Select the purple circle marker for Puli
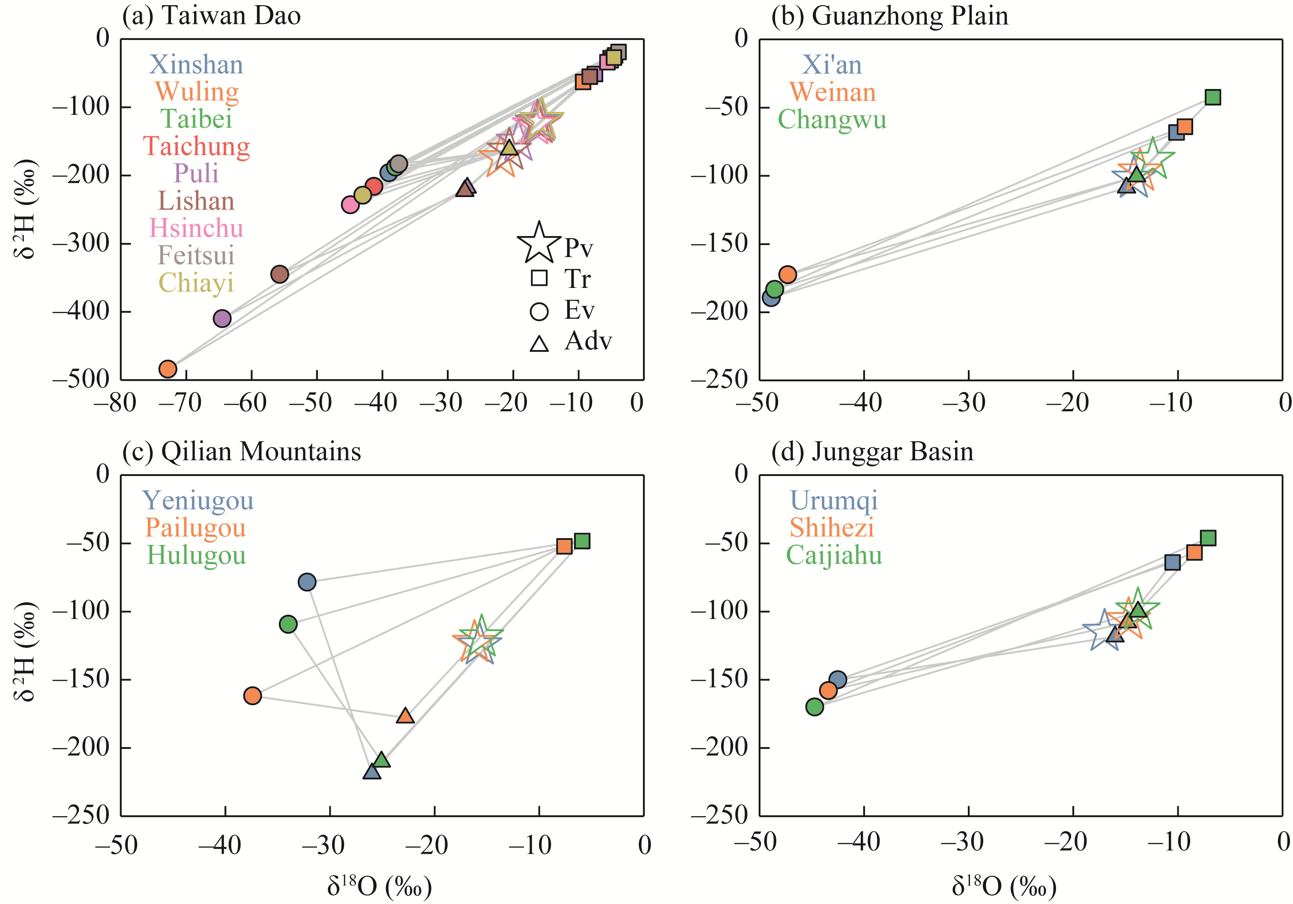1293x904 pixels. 222,319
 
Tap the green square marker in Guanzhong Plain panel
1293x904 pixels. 1212,97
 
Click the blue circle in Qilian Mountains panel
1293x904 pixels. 307,582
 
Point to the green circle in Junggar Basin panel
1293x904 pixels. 815,706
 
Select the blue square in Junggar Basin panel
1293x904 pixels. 1172,562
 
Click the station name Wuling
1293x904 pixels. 197,92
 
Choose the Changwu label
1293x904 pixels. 832,120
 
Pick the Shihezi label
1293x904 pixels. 832,527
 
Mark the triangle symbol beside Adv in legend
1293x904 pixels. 539,344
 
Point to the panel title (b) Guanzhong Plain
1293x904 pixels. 889,16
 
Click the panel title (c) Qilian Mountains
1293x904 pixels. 242,451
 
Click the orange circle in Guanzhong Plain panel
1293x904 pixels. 787,275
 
